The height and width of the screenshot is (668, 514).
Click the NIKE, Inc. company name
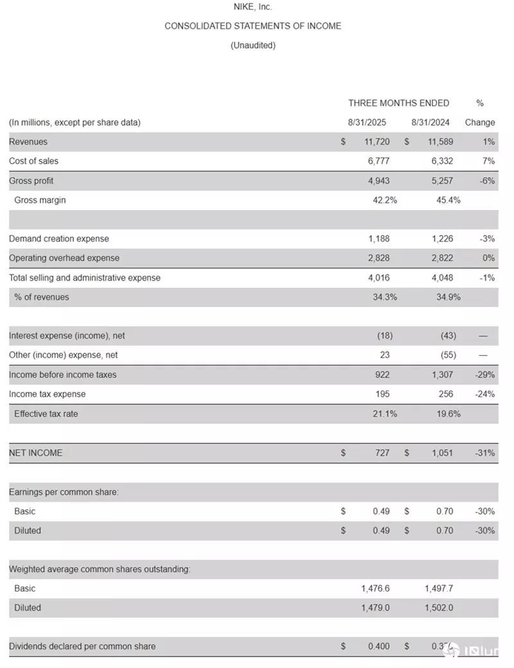(x=253, y=7)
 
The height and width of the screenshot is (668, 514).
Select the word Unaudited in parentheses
(x=253, y=46)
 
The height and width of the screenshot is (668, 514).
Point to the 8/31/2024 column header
(x=430, y=122)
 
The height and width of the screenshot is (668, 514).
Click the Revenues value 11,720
(x=377, y=142)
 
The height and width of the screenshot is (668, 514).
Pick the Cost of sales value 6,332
(x=441, y=161)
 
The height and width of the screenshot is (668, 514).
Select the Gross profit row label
(x=31, y=181)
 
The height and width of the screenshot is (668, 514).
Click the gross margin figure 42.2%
(x=385, y=200)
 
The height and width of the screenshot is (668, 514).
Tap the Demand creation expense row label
(x=59, y=239)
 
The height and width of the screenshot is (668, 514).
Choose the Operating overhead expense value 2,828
(x=378, y=258)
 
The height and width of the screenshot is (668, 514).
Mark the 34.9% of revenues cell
(x=448, y=297)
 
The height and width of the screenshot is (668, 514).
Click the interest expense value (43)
(x=448, y=336)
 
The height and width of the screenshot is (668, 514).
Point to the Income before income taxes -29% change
(x=485, y=375)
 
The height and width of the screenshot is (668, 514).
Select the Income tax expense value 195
(x=382, y=394)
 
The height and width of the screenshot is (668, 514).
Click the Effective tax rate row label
(x=46, y=414)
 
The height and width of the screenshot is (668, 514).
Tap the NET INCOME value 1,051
(x=441, y=453)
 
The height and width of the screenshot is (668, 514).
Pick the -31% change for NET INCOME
(x=485, y=453)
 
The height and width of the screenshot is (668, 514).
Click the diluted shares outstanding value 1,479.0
(x=375, y=608)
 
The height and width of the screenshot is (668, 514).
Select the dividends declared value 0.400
(x=378, y=646)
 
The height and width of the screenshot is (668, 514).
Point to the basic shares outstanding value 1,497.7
(x=439, y=588)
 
